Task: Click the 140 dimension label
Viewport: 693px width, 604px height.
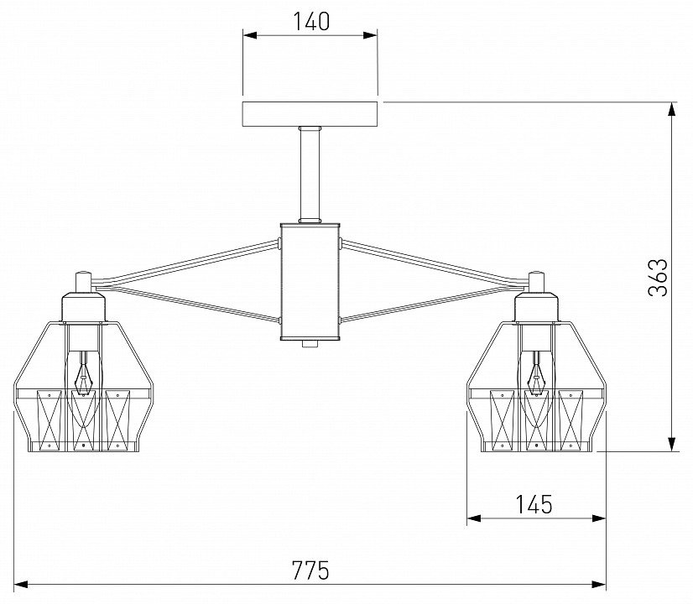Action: coord(311,22)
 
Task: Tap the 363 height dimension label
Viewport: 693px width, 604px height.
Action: coord(658,277)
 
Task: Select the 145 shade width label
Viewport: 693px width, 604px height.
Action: coord(534,504)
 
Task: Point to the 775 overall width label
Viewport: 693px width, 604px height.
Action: coord(310,570)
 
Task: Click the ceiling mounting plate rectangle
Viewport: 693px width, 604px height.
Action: coord(310,114)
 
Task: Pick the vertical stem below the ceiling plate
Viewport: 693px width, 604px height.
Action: coord(310,174)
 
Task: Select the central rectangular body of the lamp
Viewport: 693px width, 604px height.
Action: coord(310,282)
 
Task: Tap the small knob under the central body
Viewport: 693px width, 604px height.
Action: coord(310,343)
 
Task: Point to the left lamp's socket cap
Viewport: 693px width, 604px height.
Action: coord(84,307)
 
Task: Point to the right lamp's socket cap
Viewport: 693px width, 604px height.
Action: coord(537,307)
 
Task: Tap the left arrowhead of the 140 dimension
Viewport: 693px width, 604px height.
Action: coord(250,35)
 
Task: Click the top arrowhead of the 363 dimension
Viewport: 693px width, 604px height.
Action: coord(672,109)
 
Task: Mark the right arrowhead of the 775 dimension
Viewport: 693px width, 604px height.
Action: coord(599,585)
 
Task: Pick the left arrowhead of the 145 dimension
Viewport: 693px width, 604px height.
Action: coord(474,518)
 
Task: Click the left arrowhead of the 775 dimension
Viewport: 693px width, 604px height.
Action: coord(21,585)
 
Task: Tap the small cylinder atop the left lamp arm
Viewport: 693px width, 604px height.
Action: coord(83,281)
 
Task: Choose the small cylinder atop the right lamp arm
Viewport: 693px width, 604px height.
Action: coord(537,281)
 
